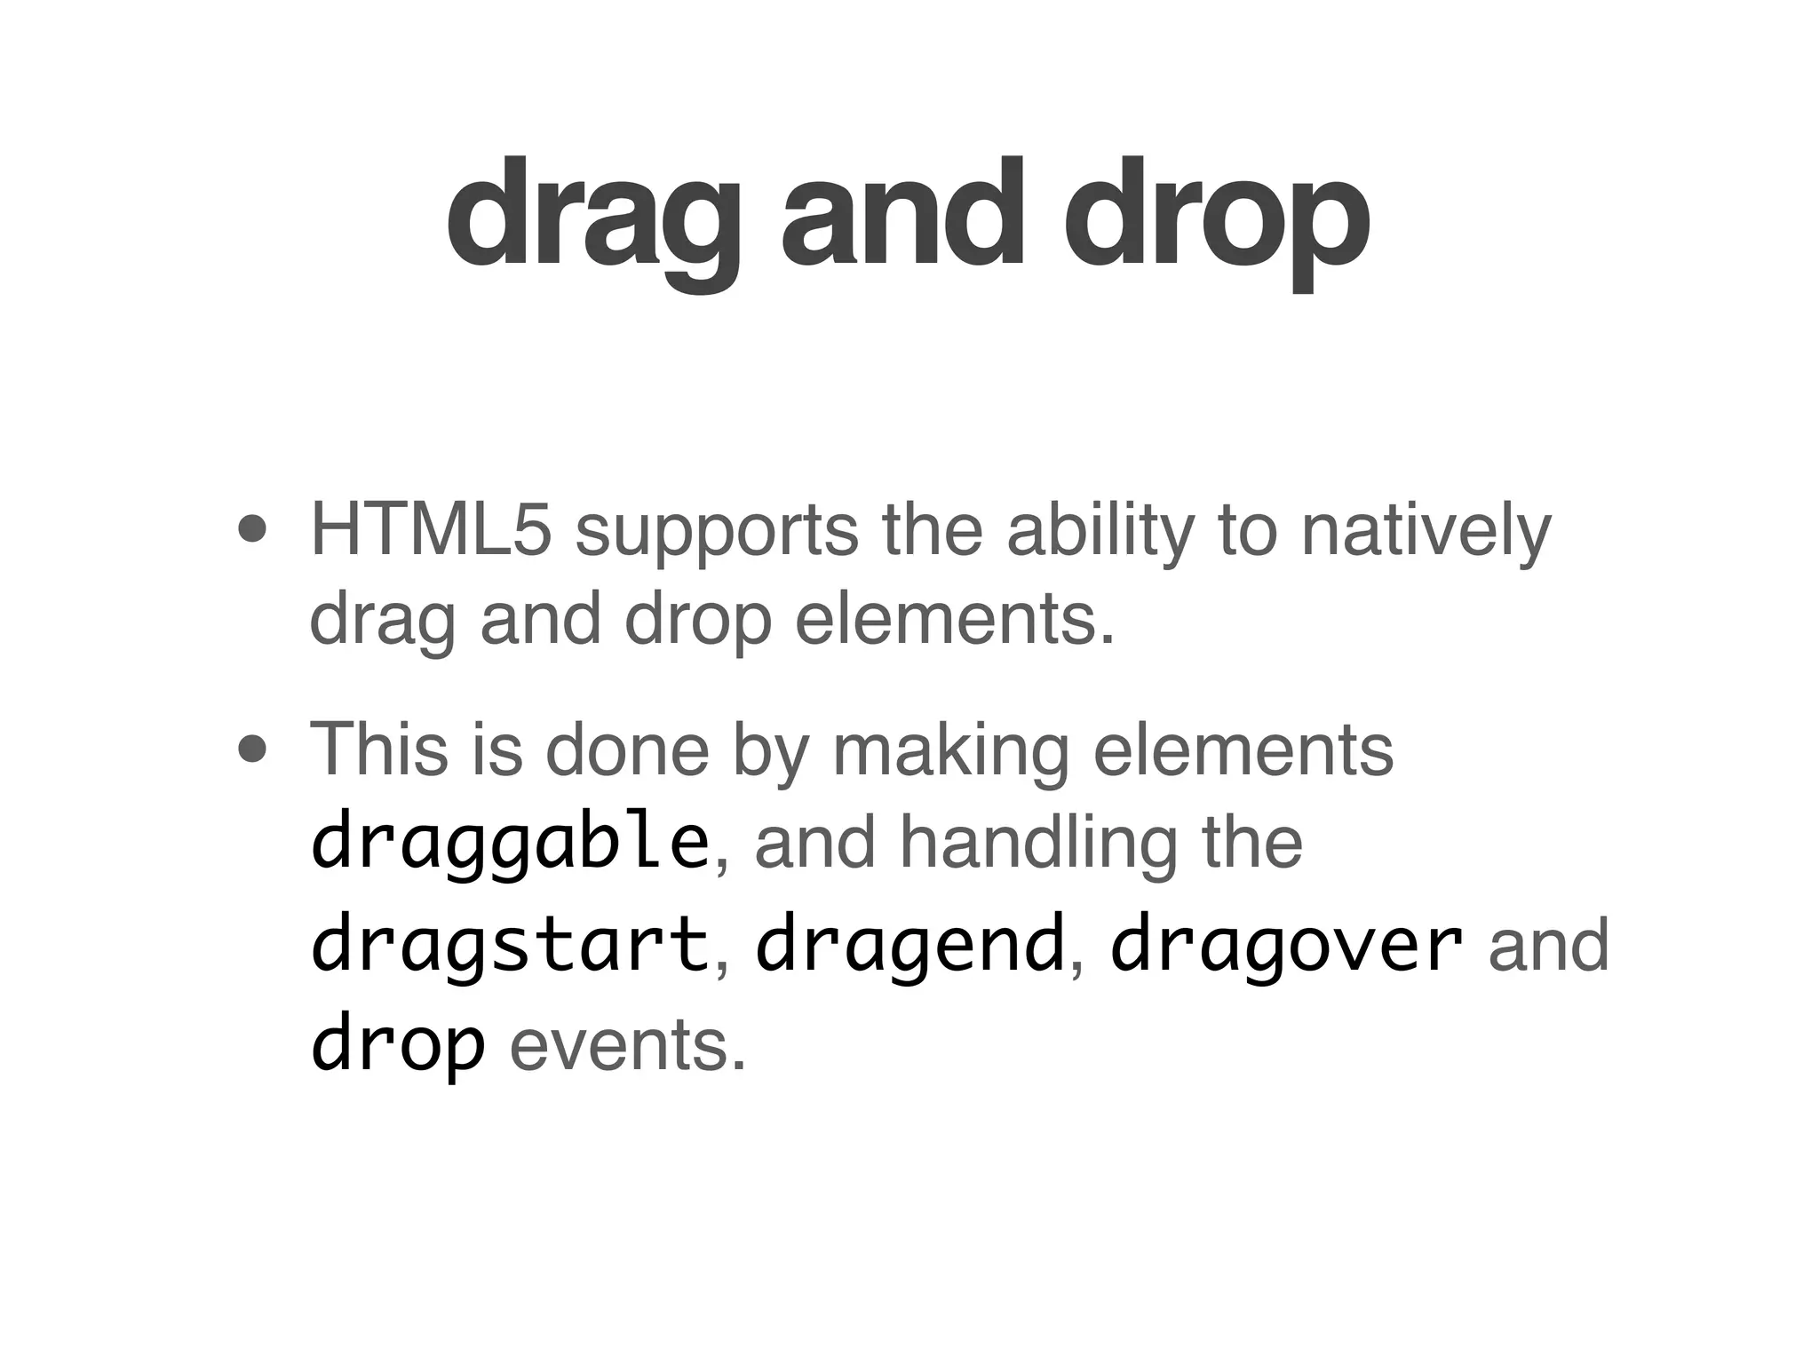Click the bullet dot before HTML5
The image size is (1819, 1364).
(253, 530)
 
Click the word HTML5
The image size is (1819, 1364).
(431, 530)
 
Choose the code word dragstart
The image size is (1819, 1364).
(510, 946)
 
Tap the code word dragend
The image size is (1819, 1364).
(909, 946)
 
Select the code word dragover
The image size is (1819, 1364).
(1286, 946)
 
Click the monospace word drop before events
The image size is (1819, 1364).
(398, 1046)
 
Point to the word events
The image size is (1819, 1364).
(627, 1044)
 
